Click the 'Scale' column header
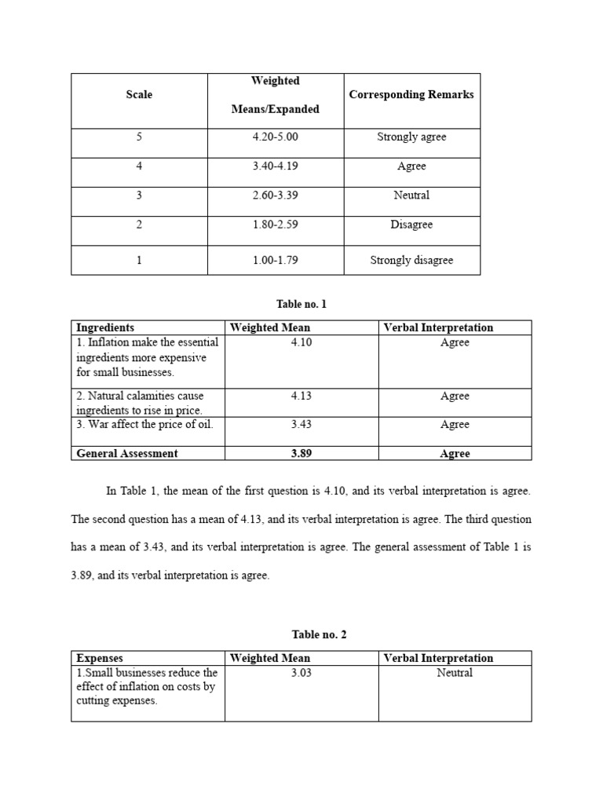(x=139, y=95)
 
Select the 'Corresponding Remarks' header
(x=411, y=95)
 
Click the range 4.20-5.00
(x=275, y=137)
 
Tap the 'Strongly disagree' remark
(x=411, y=261)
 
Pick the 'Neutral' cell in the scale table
(x=411, y=196)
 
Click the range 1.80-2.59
(x=275, y=225)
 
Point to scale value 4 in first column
(x=139, y=166)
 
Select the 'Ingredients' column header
(x=105, y=328)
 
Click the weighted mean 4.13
(x=301, y=397)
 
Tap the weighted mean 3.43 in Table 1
(x=301, y=425)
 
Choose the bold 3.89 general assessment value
(x=301, y=454)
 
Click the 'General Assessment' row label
(x=127, y=453)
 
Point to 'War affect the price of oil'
(x=144, y=425)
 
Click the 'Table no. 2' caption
(x=301, y=635)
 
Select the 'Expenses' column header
(x=100, y=658)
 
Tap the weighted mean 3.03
(x=301, y=673)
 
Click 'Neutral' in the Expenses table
(x=455, y=673)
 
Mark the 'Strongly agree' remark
(x=411, y=137)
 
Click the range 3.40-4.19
(x=275, y=166)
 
